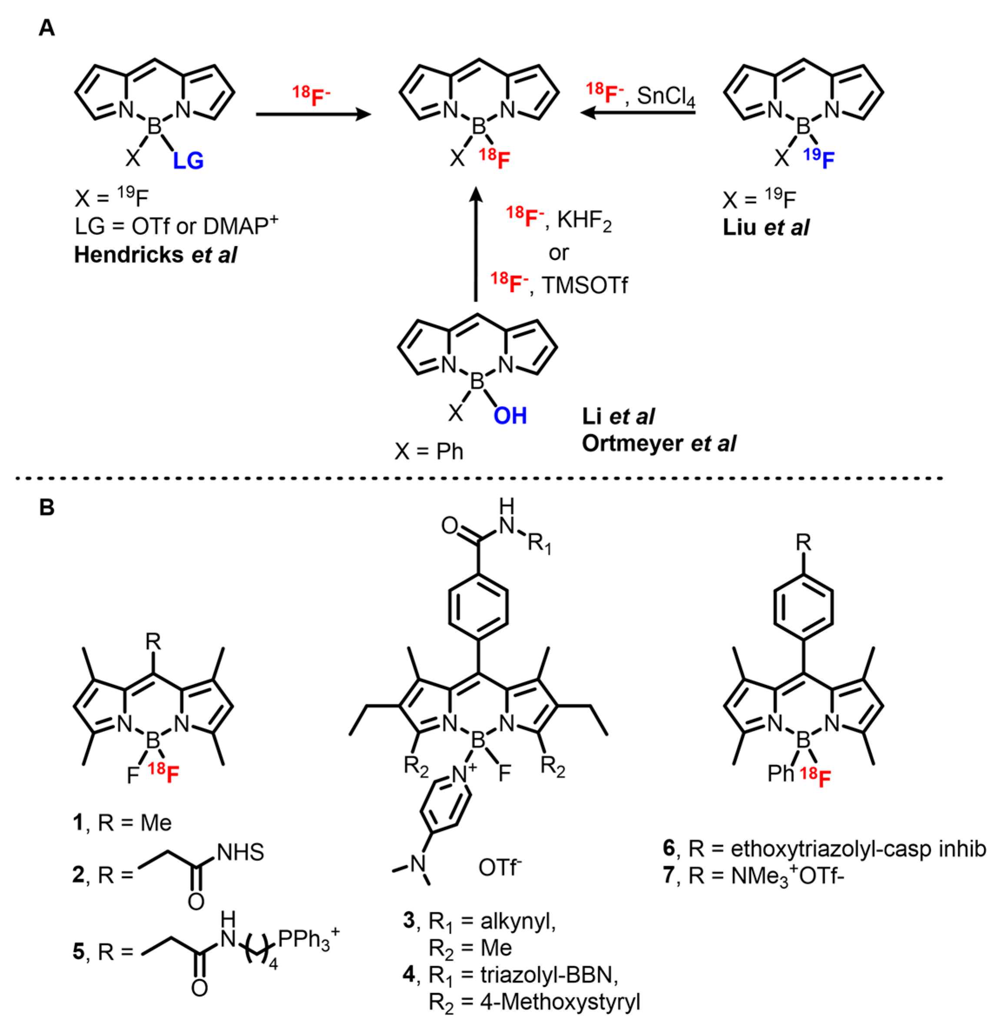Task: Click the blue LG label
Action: tap(188, 161)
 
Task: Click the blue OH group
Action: tap(510, 416)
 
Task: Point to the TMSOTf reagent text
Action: tap(585, 286)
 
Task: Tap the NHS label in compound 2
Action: tap(240, 853)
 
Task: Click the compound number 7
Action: tap(668, 876)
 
